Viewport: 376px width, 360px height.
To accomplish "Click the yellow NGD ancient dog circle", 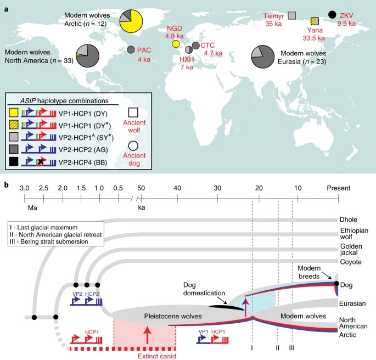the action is (x=176, y=44).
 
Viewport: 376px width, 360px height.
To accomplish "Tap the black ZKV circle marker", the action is (x=332, y=15).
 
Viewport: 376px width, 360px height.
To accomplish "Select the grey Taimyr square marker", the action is (x=292, y=15).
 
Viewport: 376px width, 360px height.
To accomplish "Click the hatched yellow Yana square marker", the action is (x=315, y=21).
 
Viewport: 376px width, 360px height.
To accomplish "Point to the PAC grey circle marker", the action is (x=131, y=49).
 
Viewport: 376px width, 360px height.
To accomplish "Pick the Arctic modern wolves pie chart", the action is (x=131, y=21).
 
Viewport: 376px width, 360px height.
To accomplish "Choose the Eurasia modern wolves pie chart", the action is (x=262, y=57).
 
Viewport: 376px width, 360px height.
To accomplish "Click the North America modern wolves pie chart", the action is (x=87, y=55).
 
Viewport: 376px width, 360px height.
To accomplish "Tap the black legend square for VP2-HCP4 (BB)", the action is (x=13, y=161).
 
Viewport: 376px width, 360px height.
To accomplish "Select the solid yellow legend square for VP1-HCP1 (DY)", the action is (x=13, y=113).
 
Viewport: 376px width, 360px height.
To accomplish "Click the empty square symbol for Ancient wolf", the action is (x=133, y=113).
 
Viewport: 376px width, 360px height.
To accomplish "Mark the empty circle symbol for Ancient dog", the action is (x=133, y=145).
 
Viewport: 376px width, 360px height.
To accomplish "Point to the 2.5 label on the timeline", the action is (x=43, y=188).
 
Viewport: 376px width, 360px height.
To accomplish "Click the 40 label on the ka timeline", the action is (x=177, y=188).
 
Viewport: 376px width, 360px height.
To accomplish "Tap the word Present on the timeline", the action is (x=338, y=188).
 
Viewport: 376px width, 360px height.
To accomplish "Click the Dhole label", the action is (x=348, y=220).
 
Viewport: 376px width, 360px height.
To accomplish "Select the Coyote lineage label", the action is (x=351, y=262).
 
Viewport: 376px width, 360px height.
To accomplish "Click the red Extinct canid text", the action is (x=157, y=356).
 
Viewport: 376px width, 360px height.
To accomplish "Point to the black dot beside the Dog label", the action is (x=336, y=284).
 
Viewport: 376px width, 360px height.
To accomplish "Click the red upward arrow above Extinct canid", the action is (x=148, y=335).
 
